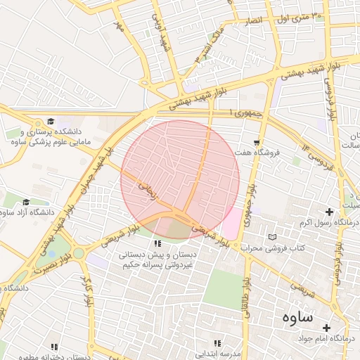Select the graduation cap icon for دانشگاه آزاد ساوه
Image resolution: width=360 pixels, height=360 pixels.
pos(26,202)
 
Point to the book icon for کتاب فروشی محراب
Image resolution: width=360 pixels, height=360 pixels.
pos(273,237)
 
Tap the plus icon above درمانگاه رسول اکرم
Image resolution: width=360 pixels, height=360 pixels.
pos(328,212)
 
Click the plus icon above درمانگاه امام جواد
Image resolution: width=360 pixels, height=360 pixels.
pos(326,327)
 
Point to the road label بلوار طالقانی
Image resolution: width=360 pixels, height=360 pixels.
pos(247,298)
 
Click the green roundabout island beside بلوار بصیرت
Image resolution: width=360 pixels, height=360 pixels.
pos(79,253)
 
